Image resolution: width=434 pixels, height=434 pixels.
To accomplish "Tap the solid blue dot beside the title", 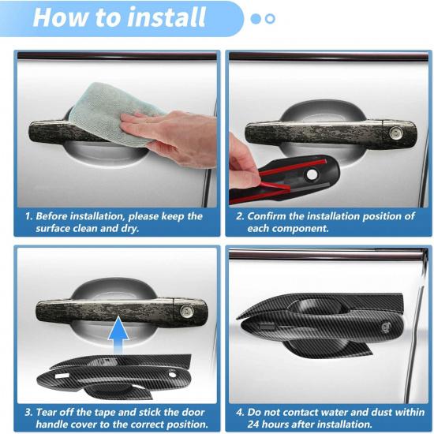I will click(x=256, y=18).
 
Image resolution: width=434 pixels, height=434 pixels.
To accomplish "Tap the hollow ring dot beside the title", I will click(x=270, y=18).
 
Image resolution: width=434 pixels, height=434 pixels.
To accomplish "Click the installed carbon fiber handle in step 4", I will click(x=324, y=316).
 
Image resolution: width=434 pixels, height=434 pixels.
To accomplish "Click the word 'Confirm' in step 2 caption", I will click(x=268, y=216).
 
